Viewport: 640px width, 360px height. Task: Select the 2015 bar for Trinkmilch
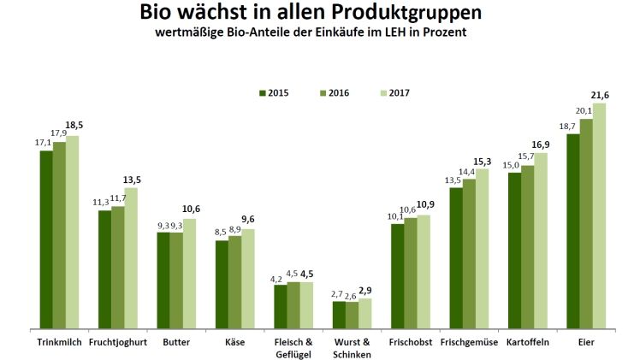tap(46, 239)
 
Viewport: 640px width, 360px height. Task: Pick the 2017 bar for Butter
tap(189, 273)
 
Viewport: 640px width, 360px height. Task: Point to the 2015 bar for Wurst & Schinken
tap(339, 315)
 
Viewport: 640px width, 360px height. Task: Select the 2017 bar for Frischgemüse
tap(482, 248)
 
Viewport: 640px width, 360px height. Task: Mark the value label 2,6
tap(352, 296)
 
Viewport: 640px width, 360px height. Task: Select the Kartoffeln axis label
tap(528, 342)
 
